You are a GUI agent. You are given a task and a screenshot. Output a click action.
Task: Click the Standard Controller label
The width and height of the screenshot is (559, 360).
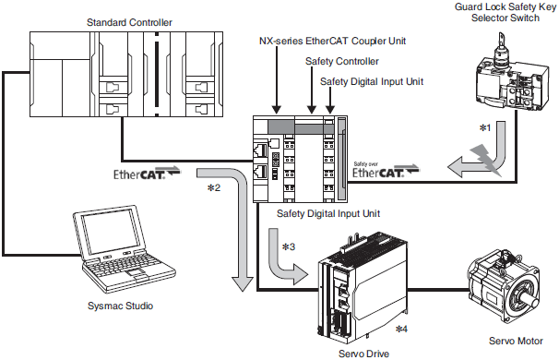[x=129, y=22]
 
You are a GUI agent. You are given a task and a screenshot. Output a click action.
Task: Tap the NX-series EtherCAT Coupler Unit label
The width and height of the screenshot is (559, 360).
[x=332, y=41]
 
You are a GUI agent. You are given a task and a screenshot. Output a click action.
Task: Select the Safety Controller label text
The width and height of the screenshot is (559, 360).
[x=342, y=61]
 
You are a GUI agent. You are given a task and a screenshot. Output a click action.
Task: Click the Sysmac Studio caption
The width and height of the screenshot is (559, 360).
[x=120, y=306]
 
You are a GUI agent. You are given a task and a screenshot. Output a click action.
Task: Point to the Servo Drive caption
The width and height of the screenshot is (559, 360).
[x=363, y=354]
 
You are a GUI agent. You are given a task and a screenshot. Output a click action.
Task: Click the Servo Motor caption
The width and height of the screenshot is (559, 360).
[x=516, y=341]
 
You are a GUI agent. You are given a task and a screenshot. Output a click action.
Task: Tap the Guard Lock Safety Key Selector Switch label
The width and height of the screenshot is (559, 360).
[x=505, y=12]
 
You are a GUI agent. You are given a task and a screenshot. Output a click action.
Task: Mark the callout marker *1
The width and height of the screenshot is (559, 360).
[x=485, y=127]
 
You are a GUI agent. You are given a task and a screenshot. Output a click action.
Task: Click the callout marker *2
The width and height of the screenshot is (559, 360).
[x=214, y=187]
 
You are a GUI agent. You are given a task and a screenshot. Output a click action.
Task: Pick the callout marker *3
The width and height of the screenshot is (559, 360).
[x=289, y=246]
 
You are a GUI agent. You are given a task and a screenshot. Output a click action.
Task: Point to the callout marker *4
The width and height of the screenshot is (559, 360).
[x=401, y=329]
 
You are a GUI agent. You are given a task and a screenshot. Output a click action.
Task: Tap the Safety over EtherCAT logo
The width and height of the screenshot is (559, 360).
[x=386, y=170]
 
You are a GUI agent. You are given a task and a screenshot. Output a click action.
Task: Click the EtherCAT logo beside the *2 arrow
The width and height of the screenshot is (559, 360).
[x=147, y=173]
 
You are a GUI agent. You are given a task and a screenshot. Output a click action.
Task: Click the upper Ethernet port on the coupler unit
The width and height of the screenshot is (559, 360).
[x=260, y=150]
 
